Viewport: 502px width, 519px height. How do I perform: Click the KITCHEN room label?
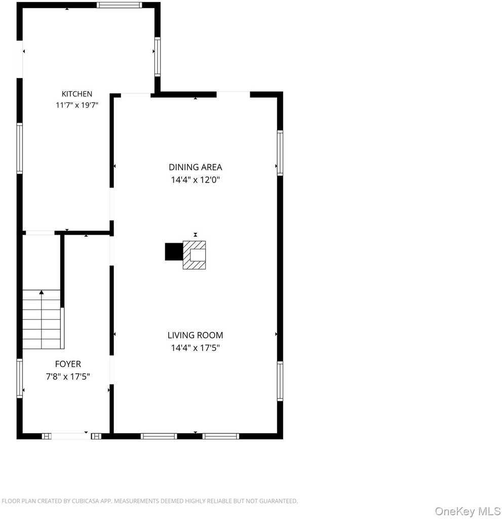tap(77, 94)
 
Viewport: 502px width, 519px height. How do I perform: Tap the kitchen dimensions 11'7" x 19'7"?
tap(77, 105)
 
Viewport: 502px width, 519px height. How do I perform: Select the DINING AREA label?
tap(195, 167)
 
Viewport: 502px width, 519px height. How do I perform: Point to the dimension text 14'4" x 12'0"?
tap(195, 180)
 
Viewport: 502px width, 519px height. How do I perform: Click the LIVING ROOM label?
tap(195, 336)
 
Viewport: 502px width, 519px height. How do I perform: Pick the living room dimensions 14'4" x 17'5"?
tap(195, 348)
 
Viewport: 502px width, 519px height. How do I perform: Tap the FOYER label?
tap(68, 364)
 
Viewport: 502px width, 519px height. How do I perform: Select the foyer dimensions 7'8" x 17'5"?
tap(68, 377)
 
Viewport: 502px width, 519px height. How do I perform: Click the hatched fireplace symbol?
tap(194, 255)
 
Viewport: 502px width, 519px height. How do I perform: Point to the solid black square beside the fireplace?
tap(174, 251)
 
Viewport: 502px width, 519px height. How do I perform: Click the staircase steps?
tap(42, 319)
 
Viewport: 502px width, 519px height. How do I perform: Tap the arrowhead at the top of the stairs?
tap(42, 292)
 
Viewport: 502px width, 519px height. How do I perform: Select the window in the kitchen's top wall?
tap(120, 5)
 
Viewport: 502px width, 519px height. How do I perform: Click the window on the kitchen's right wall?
tap(158, 57)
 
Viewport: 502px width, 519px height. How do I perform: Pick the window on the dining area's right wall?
tap(280, 153)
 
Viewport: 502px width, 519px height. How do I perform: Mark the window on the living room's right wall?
tap(280, 381)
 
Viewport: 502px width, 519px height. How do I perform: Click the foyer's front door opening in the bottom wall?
tap(71, 436)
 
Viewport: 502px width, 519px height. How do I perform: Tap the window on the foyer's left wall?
tap(20, 378)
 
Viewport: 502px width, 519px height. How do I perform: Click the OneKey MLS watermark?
tap(468, 511)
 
